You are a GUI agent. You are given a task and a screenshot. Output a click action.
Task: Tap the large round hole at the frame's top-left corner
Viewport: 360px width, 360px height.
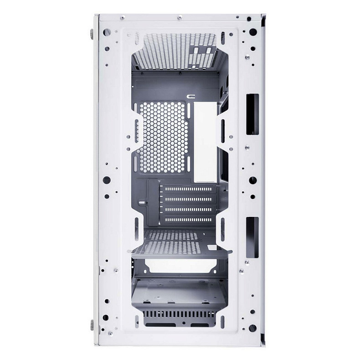pyautogui.click(x=107, y=32)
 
